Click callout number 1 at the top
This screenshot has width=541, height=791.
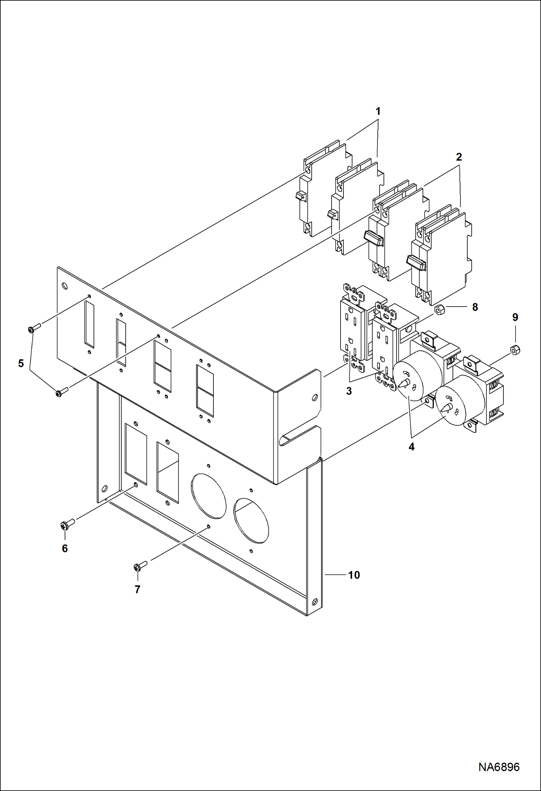(x=378, y=111)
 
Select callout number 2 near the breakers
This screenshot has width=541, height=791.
(x=459, y=157)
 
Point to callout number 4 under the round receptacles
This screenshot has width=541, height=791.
(x=411, y=447)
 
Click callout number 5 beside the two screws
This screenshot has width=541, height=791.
(x=21, y=363)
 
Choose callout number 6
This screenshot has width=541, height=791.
(x=65, y=549)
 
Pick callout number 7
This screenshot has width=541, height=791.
(x=137, y=589)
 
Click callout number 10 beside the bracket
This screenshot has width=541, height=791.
(x=354, y=575)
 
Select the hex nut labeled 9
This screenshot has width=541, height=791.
(x=515, y=350)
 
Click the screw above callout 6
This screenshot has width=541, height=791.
(x=67, y=524)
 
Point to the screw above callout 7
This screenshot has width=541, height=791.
(x=140, y=566)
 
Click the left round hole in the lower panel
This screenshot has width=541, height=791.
(x=208, y=496)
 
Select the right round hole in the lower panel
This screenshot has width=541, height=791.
(x=251, y=520)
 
